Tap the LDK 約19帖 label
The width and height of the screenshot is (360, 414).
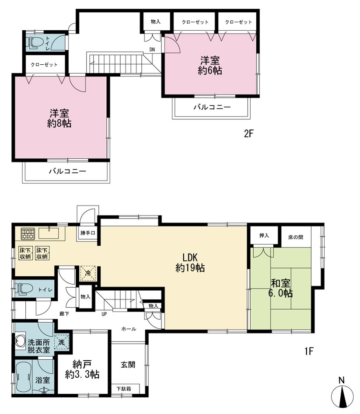[x=190, y=262]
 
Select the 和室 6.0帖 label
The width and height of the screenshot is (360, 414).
[x=280, y=288]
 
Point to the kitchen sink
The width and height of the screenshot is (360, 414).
[x=49, y=233]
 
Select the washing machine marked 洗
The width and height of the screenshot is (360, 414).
[x=62, y=342]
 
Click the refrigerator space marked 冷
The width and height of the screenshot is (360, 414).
[x=88, y=274]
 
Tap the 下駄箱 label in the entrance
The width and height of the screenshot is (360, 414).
[x=124, y=389]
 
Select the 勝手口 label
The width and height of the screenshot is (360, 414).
[x=87, y=233]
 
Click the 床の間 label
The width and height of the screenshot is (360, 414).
[x=296, y=237]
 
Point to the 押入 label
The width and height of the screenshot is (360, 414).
[x=264, y=236]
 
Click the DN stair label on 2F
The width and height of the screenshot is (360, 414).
[x=152, y=49]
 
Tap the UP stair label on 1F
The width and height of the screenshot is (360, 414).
[x=105, y=314]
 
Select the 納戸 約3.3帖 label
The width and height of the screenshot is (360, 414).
[x=82, y=369]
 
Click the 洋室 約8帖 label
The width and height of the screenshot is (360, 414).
[x=59, y=118]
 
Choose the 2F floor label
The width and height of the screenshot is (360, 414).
[x=248, y=134]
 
